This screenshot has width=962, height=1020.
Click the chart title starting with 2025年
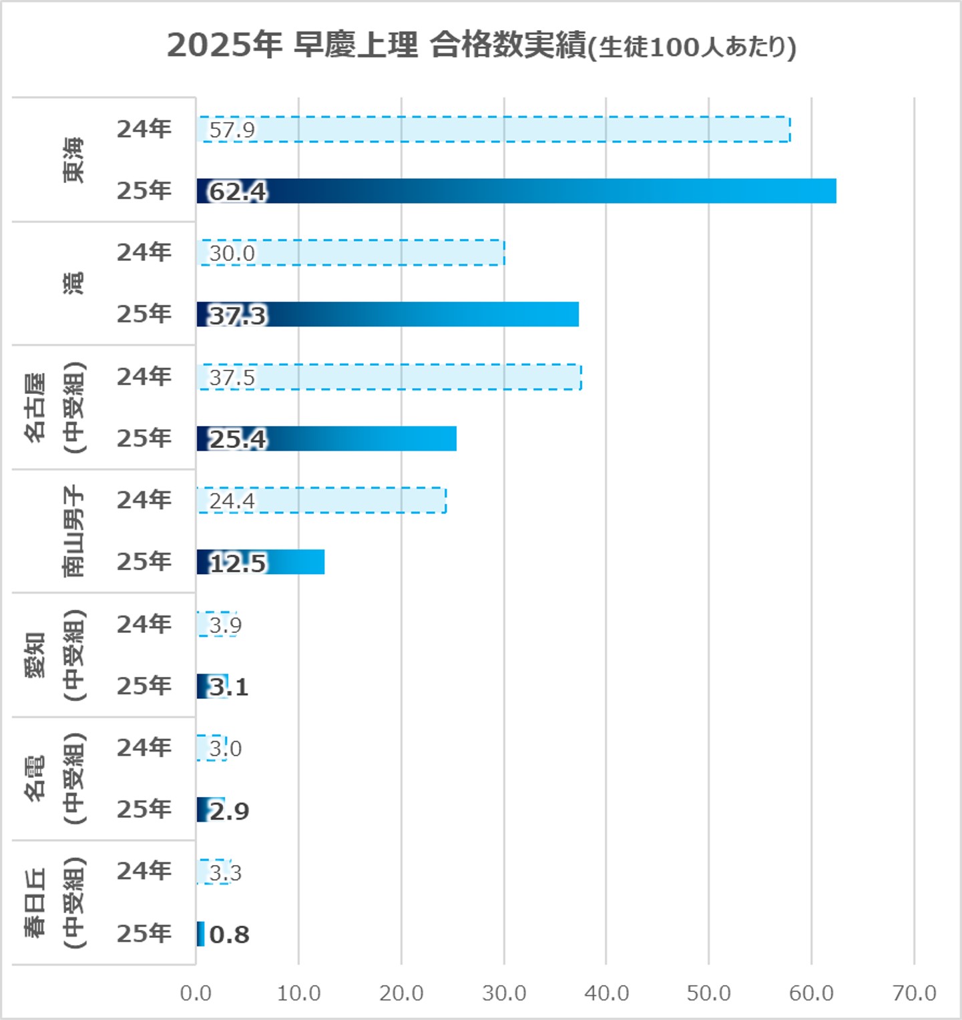click(x=481, y=45)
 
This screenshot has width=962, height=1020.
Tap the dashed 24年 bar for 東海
click(x=494, y=129)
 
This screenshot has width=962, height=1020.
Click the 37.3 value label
click(x=238, y=315)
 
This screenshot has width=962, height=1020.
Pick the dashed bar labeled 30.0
click(x=351, y=253)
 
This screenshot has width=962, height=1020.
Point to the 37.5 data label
click(x=232, y=378)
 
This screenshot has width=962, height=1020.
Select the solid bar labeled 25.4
click(x=326, y=439)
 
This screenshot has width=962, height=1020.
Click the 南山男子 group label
click(x=73, y=531)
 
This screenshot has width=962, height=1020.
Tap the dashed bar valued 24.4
click(x=321, y=501)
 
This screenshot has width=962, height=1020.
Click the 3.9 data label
click(x=225, y=625)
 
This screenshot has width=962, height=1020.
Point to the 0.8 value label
click(x=229, y=935)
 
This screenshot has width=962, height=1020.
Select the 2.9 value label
click(x=229, y=811)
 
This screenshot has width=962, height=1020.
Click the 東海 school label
click(x=73, y=160)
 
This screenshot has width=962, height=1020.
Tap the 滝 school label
click(x=73, y=283)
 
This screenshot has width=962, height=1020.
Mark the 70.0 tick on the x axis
click(x=914, y=993)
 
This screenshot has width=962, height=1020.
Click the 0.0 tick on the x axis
click(x=196, y=993)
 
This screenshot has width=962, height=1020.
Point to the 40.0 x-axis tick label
click(x=606, y=993)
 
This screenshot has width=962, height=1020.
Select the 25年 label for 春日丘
click(x=144, y=933)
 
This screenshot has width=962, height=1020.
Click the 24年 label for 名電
click(x=144, y=748)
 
